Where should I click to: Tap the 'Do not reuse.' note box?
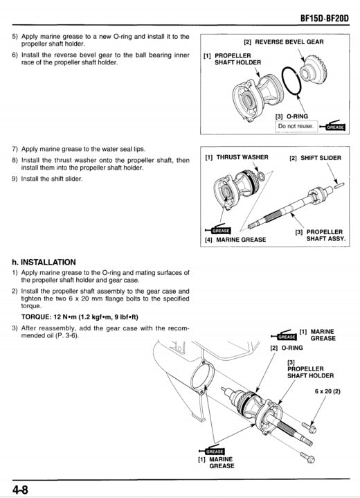coord(296,127)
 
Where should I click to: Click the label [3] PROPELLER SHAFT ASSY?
coord(321,235)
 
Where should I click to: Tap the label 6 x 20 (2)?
coord(327,391)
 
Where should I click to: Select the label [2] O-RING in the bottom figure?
coord(286,347)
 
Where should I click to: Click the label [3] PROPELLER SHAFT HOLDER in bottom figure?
coord(309,368)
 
